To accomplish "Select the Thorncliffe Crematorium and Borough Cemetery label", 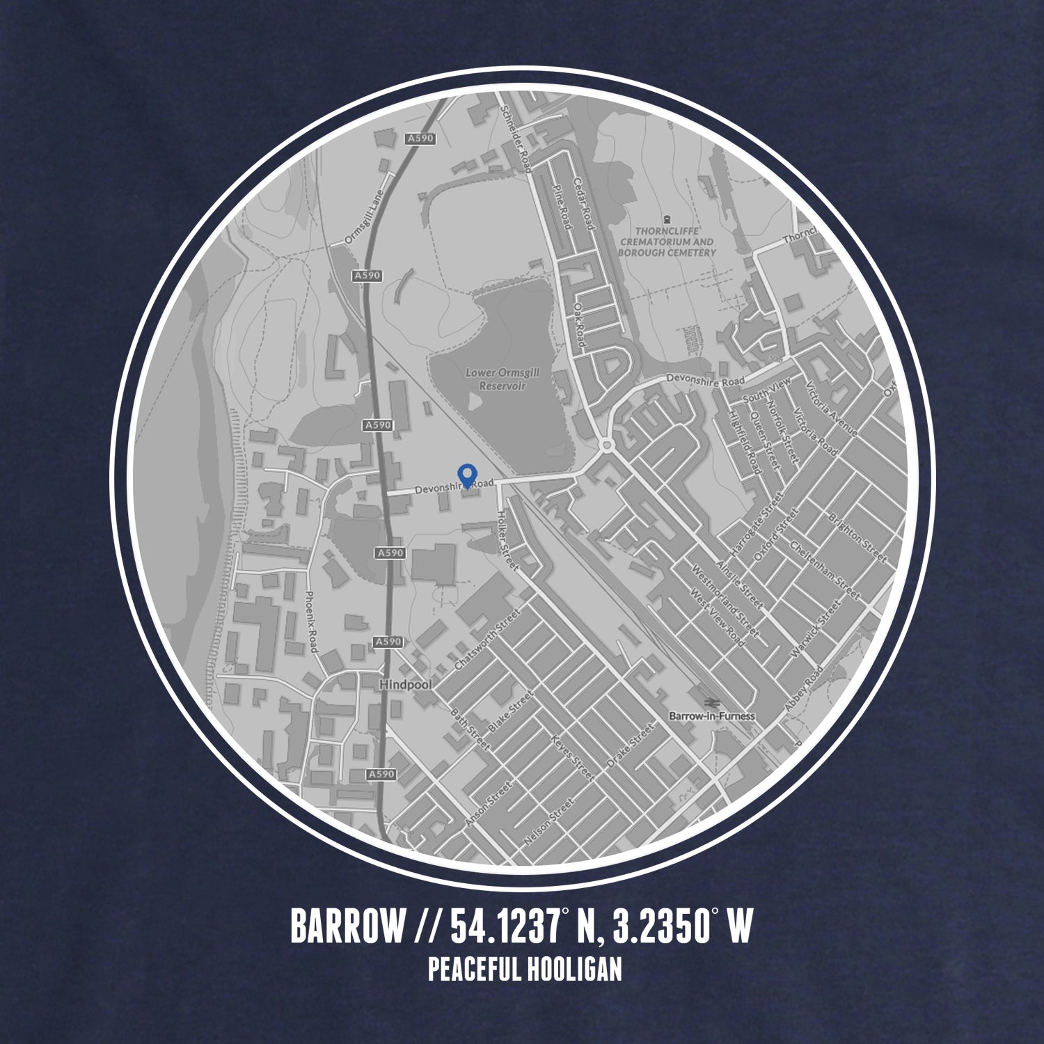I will coord(666,241).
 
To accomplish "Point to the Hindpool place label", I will coord(406,685).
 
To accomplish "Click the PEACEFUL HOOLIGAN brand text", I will coord(525,970).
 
